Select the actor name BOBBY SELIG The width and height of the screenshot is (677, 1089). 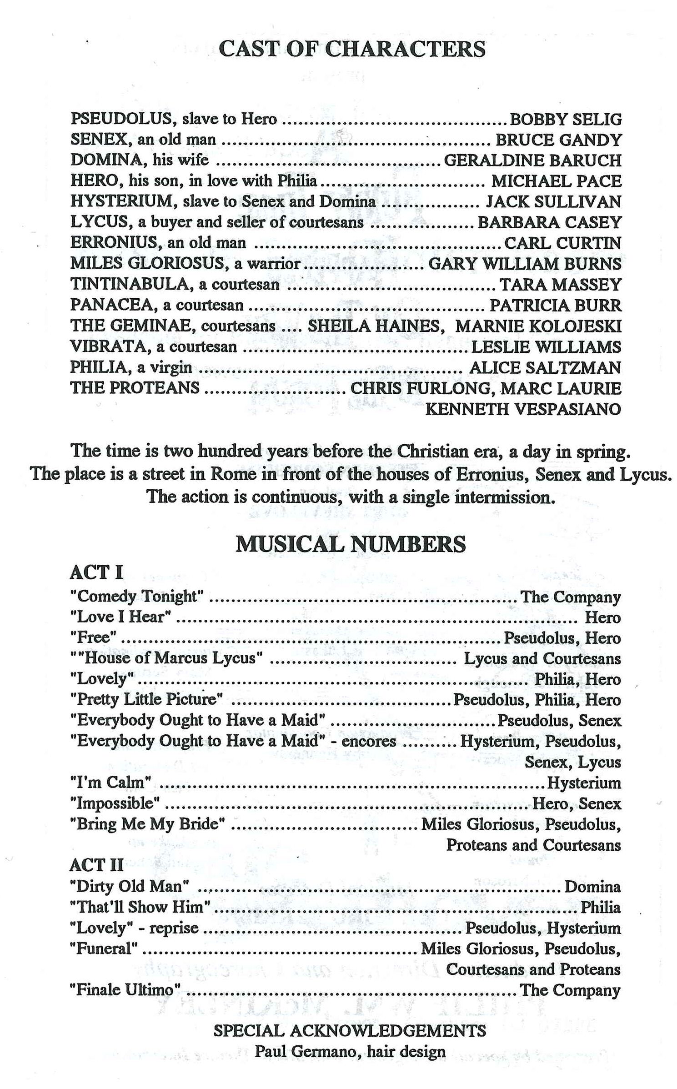click(565, 119)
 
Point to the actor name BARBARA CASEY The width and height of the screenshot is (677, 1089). click(549, 222)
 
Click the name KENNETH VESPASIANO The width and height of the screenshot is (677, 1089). click(523, 409)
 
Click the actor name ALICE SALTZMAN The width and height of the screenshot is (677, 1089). click(545, 367)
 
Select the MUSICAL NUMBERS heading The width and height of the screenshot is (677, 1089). click(351, 544)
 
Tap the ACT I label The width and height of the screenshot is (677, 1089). click(96, 572)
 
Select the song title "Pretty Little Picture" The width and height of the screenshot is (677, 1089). click(146, 699)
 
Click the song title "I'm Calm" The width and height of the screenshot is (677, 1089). click(110, 783)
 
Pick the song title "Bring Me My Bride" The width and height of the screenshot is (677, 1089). click(147, 824)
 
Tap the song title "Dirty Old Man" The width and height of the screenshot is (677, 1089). click(130, 886)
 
